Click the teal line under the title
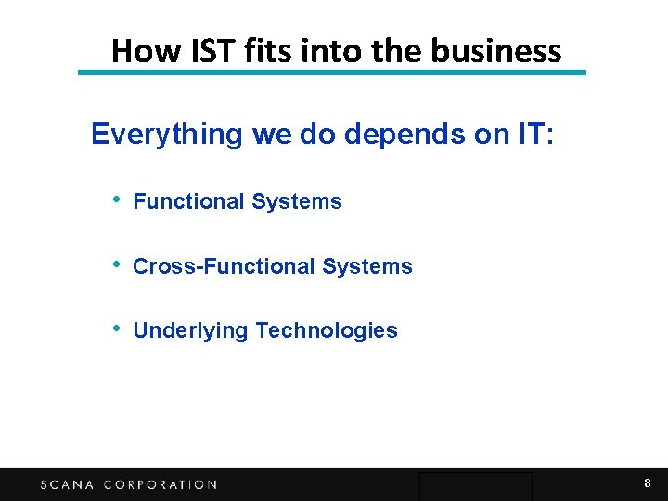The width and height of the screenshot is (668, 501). click(332, 72)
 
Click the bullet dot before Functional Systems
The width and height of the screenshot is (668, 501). click(115, 200)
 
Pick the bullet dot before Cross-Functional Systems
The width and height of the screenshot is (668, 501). click(115, 265)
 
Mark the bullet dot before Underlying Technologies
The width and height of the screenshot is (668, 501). click(115, 329)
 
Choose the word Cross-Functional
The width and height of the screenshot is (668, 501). click(224, 266)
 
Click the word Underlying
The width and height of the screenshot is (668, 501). click(190, 331)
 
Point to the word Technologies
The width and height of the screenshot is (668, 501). click(327, 331)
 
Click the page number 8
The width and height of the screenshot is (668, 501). click(648, 483)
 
